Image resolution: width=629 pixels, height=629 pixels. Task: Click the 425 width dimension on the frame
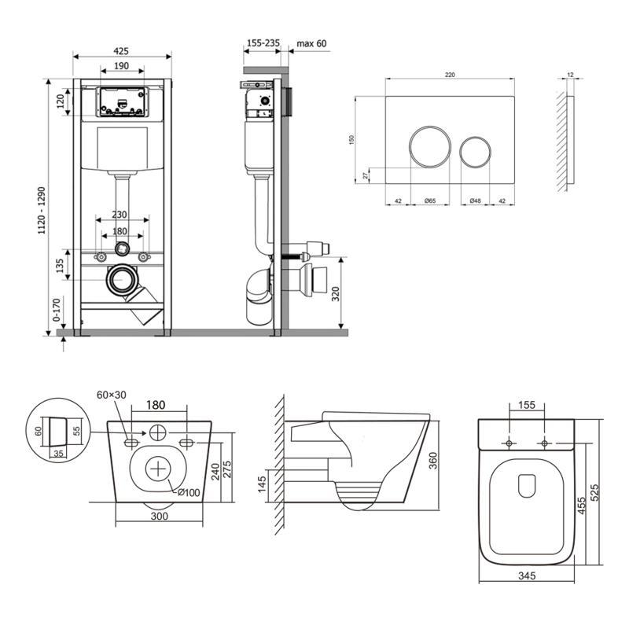[122, 50]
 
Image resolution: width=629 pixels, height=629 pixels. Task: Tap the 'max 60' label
[311, 43]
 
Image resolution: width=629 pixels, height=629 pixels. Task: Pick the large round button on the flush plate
[429, 145]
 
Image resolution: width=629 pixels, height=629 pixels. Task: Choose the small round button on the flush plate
[476, 151]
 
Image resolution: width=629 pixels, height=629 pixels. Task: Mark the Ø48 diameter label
[475, 201]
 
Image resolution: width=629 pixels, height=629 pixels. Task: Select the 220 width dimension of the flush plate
[450, 75]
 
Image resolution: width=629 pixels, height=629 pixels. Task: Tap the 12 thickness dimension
[568, 76]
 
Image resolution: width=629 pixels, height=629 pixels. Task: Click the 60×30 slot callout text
[111, 394]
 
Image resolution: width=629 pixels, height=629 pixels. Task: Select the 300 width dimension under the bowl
[160, 517]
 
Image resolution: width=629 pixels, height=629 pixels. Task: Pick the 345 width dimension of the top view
[527, 576]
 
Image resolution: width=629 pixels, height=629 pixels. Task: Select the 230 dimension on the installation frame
[120, 214]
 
